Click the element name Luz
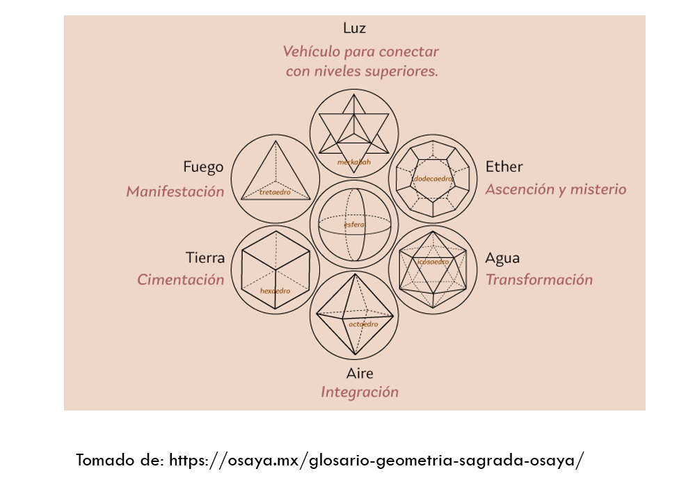coord(354,29)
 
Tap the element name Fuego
coord(203,167)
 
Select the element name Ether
coord(504,167)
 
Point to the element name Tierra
coord(205,258)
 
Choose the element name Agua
coord(502,258)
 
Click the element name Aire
coord(360,374)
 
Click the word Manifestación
coord(175,191)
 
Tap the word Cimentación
coord(181,280)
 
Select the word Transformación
coord(539,280)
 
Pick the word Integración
coord(360,392)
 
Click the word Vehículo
coord(312,51)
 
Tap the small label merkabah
coord(354,162)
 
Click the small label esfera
coord(354,224)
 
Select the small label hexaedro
coord(275,291)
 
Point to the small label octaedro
coord(363,324)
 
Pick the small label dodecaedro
coord(433,179)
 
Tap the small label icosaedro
coord(433,262)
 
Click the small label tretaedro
coord(275,191)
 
